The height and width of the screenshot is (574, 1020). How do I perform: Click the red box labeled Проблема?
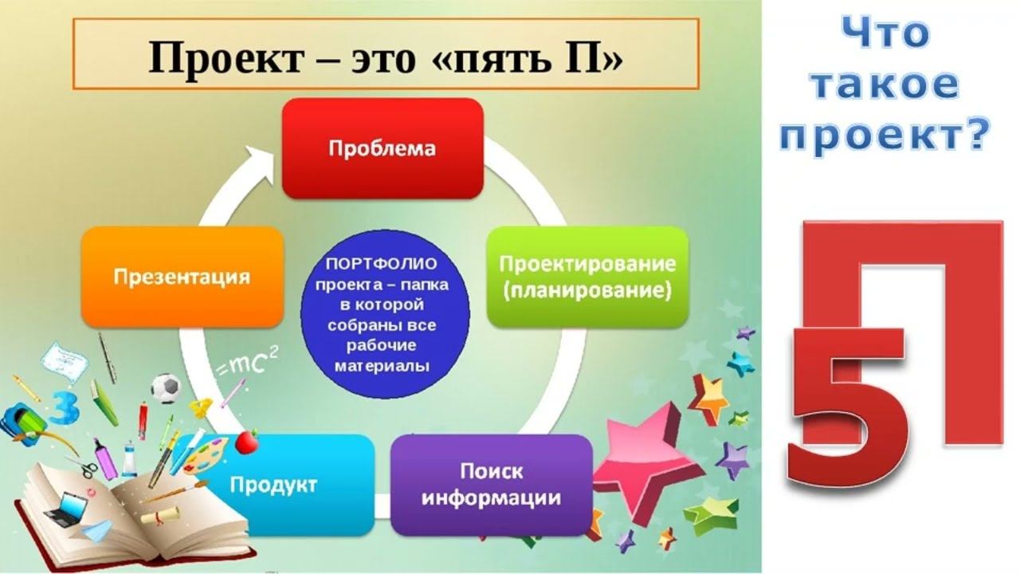click(382, 148)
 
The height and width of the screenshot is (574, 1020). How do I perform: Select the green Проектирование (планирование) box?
click(587, 277)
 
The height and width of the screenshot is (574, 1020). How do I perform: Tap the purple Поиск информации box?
click(491, 485)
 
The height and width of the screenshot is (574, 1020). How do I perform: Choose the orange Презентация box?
click(182, 277)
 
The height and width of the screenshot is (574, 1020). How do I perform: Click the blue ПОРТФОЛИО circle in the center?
click(385, 314)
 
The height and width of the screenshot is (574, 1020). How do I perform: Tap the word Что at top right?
click(885, 35)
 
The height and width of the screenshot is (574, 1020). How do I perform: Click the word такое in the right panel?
click(885, 86)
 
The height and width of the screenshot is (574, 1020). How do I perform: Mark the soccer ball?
click(166, 388)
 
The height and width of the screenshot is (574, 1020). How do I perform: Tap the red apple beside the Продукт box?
click(247, 441)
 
